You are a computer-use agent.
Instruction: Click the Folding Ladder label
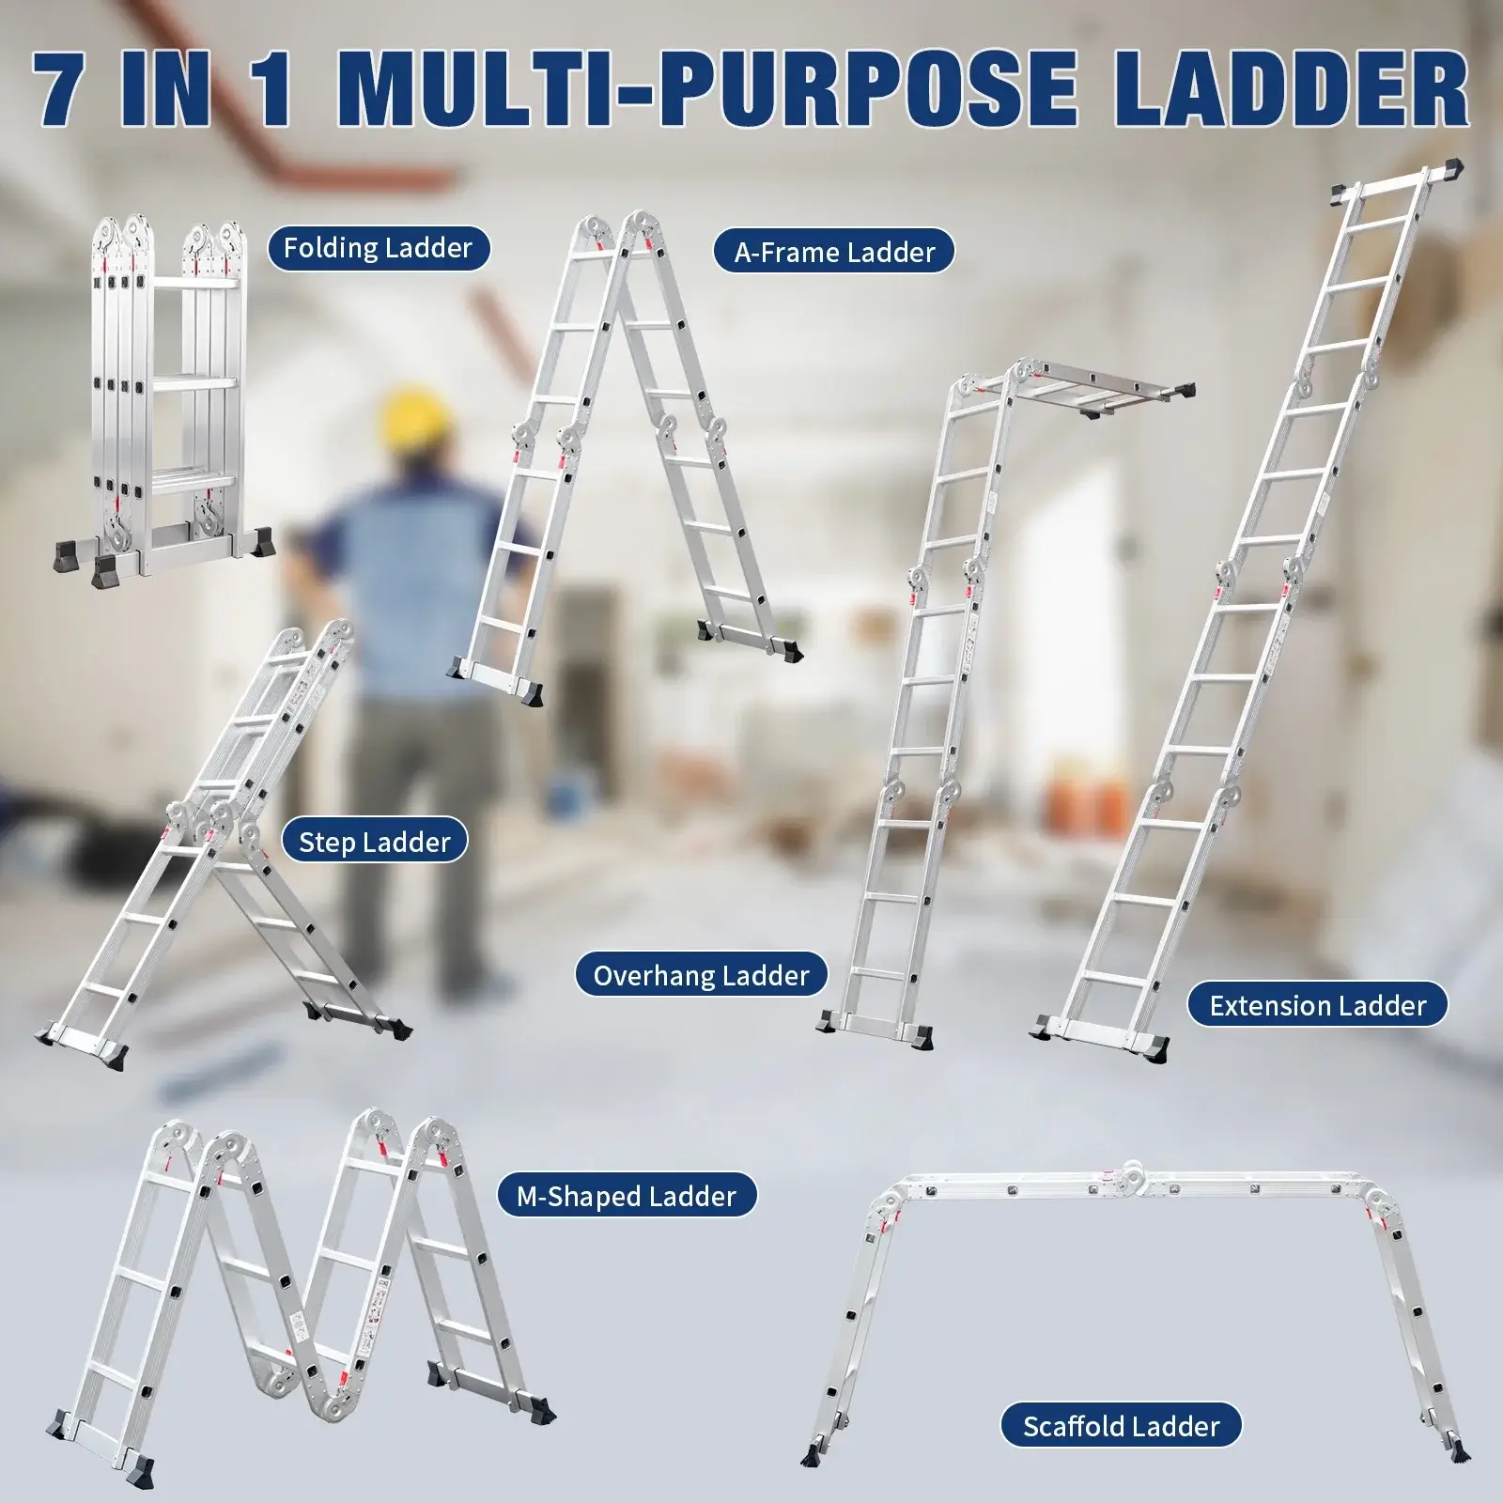click(x=378, y=249)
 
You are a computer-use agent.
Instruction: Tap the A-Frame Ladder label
click(x=834, y=253)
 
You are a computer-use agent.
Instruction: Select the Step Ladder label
click(x=375, y=843)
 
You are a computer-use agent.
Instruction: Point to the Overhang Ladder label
click(x=701, y=976)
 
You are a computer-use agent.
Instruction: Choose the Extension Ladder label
click(x=1317, y=1006)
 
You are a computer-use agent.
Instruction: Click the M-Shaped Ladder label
click(x=627, y=1197)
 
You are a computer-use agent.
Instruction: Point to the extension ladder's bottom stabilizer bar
click(x=1104, y=1032)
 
